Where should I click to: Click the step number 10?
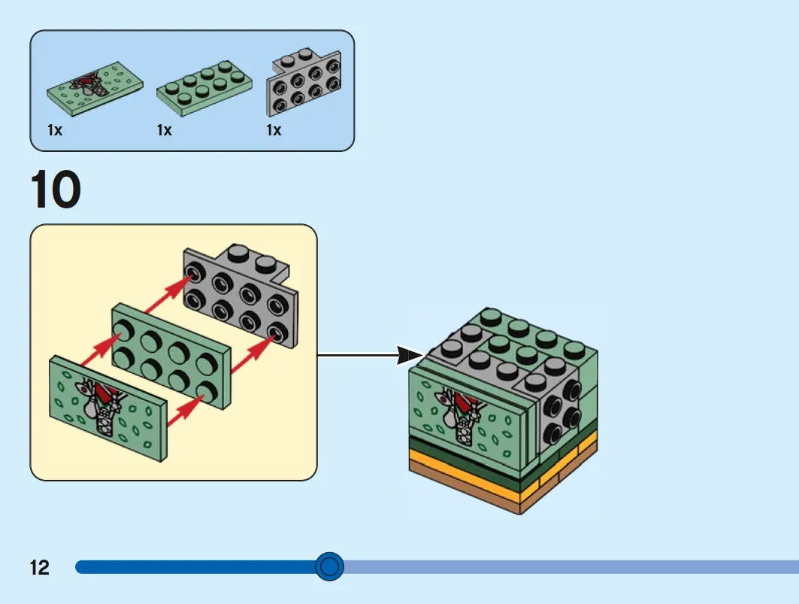(x=56, y=190)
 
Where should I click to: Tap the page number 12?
(x=40, y=567)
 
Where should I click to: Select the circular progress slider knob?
(x=329, y=566)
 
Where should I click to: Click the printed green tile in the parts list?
(x=95, y=89)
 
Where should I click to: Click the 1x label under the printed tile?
(x=55, y=131)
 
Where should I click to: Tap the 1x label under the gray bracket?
(x=274, y=131)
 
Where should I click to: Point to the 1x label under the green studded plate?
(x=164, y=131)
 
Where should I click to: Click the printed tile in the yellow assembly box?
(x=108, y=408)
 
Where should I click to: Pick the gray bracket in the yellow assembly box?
(x=241, y=295)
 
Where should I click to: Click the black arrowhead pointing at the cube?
(x=409, y=356)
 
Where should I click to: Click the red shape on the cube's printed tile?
(x=462, y=397)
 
